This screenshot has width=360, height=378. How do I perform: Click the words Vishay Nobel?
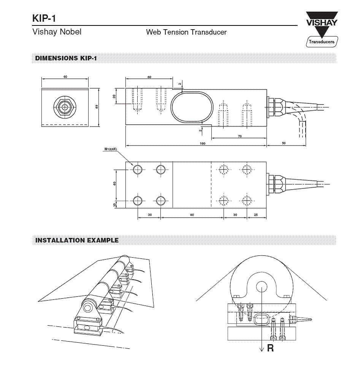pyautogui.click(x=57, y=32)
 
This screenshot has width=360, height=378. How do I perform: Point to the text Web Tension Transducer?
pyautogui.click(x=186, y=32)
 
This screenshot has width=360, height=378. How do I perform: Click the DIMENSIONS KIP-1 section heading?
pyautogui.click(x=66, y=59)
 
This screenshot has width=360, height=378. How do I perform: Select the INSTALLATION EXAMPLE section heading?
pyautogui.click(x=77, y=240)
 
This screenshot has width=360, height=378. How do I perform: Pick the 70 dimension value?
pyautogui.click(x=239, y=136)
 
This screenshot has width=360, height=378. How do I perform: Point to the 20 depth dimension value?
pyautogui.click(x=114, y=96)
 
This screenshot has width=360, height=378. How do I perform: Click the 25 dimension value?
pyautogui.click(x=256, y=215)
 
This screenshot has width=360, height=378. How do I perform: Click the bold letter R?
pyautogui.click(x=270, y=348)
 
